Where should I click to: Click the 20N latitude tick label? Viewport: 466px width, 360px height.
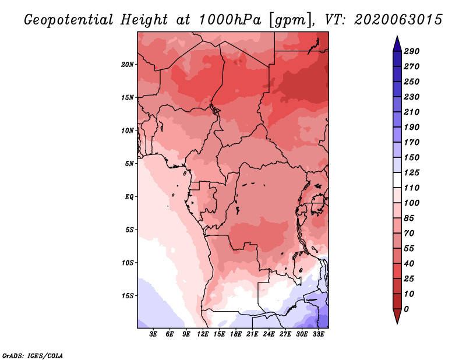pyautogui.click(x=128, y=64)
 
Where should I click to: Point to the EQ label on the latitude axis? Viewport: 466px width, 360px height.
pyautogui.click(x=129, y=196)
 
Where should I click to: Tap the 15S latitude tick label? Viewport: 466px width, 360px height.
pyautogui.click(x=128, y=295)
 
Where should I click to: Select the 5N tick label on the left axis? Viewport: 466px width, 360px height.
pyautogui.click(x=129, y=163)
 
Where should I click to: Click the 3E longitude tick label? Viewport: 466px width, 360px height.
pyautogui.click(x=154, y=334)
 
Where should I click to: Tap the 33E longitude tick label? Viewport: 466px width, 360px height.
pyautogui.click(x=319, y=334)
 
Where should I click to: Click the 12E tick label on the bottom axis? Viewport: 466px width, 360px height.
pyautogui.click(x=203, y=334)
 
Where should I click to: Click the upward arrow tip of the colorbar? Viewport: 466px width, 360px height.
pyautogui.click(x=397, y=38)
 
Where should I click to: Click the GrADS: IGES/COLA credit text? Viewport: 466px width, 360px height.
pyautogui.click(x=33, y=355)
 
